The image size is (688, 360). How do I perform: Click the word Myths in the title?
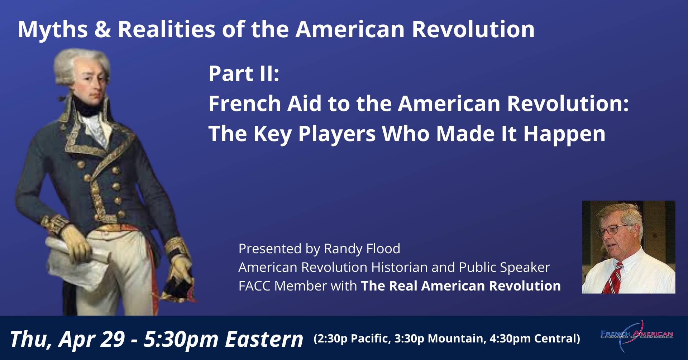[53, 30]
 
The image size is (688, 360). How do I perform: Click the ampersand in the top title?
[103, 29]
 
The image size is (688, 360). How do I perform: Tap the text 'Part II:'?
[244, 73]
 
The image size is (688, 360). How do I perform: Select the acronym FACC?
[254, 286]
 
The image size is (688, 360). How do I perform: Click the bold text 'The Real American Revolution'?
[461, 286]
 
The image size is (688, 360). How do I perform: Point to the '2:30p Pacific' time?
[353, 339]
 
